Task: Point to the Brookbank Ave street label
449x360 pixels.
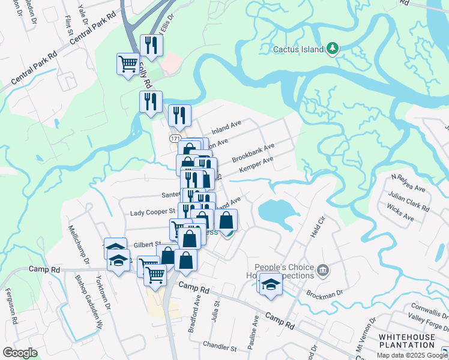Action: click(x=253, y=152)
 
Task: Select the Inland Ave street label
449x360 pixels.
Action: click(x=226, y=127)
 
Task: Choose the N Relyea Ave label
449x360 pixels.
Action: click(x=408, y=183)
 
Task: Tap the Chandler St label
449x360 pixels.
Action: click(x=220, y=347)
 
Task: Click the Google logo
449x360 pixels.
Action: click(x=20, y=352)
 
